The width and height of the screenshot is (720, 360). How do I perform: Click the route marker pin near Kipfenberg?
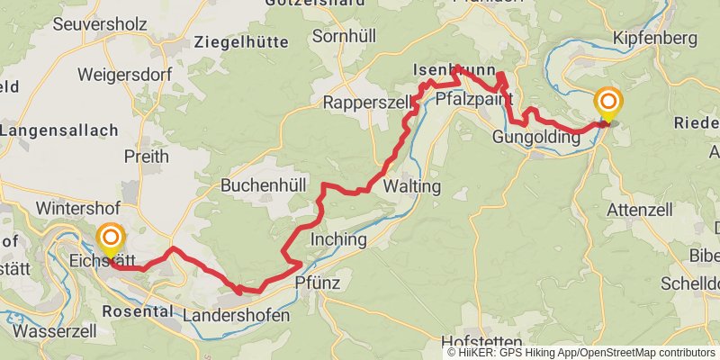pos(609,103)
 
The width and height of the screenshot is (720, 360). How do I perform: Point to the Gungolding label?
pos(535,138)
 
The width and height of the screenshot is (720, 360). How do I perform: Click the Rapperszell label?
pos(367,102)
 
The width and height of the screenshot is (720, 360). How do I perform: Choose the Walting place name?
pos(411,186)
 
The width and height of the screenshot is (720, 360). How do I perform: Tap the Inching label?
pos(337,239)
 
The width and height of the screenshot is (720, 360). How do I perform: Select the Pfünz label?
pos(315,283)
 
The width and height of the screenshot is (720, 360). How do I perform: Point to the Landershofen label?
pos(236,316)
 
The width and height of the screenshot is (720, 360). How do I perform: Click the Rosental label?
pos(138,310)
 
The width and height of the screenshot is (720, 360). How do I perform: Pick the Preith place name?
pos(147,157)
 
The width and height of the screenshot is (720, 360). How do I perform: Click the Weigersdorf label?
pos(125,74)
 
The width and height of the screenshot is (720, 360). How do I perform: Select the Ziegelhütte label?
pos(241,42)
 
